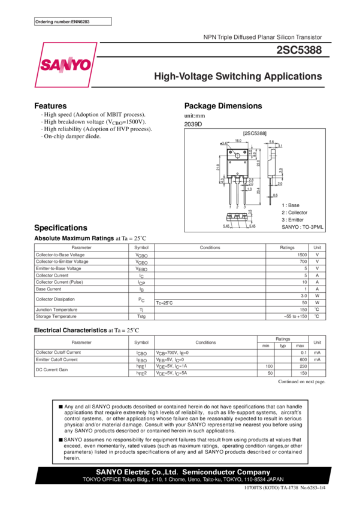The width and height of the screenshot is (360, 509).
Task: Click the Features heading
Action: tap(50, 106)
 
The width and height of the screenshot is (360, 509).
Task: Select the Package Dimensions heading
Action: tap(223, 106)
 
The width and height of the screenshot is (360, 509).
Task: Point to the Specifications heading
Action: tap(60, 228)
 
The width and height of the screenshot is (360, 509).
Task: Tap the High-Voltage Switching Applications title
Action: tap(238, 77)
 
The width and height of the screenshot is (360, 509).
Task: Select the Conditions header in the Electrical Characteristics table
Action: tap(205, 343)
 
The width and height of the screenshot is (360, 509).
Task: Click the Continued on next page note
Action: tap(302, 381)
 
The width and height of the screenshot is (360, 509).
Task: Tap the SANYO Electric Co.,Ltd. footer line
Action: tap(183, 472)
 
